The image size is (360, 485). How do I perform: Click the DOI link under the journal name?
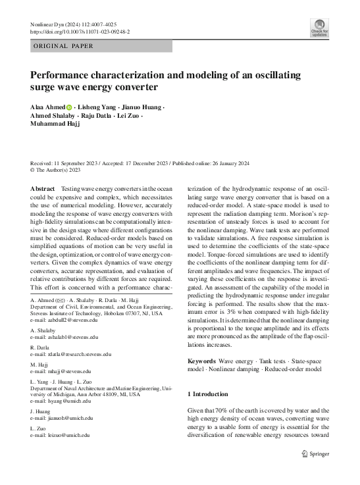[80, 31]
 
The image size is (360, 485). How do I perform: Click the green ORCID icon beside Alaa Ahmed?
[70, 107]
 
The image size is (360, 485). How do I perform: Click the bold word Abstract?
[43, 188]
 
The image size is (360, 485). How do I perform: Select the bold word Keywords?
[201, 361]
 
